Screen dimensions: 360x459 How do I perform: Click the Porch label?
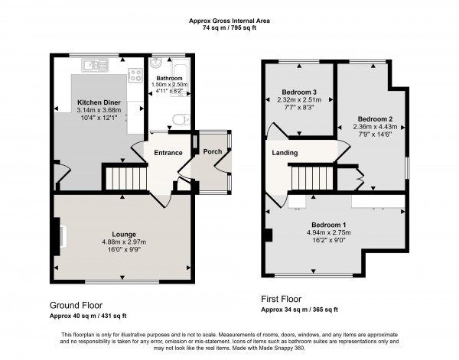point(213,151)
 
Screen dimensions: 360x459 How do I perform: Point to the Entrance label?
point(168,153)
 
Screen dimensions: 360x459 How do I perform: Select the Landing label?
point(285,153)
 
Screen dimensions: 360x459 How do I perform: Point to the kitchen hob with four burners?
point(135,75)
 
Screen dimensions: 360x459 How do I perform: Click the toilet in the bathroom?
point(180,118)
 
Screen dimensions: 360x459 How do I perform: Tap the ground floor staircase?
point(120,180)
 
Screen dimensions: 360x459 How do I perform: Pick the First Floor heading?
point(281,300)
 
